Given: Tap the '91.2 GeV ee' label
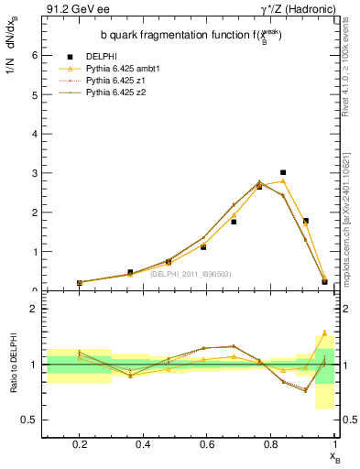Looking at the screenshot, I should (70, 9).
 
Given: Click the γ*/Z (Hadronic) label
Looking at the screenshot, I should (298, 9).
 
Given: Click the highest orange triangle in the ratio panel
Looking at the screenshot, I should (324, 333).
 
